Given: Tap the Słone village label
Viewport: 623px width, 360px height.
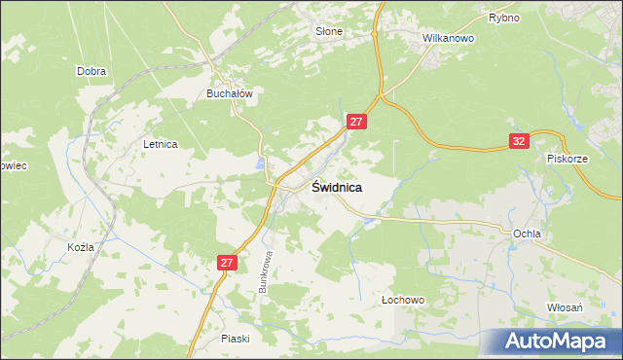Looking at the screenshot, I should [x=329, y=31].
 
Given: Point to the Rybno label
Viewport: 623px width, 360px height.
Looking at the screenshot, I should [x=503, y=18].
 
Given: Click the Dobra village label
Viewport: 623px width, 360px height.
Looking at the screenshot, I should [x=91, y=71].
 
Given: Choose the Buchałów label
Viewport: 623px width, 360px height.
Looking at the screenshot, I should [x=229, y=93].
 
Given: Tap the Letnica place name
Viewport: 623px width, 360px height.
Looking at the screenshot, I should [x=160, y=144].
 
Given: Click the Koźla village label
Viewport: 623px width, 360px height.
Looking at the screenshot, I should [x=81, y=247].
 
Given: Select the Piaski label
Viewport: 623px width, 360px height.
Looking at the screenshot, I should [x=236, y=338].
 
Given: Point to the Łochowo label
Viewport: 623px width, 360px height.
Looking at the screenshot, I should [x=403, y=301].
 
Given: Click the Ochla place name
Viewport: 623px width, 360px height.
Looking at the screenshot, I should [x=527, y=234].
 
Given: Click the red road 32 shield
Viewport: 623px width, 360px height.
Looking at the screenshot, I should [x=519, y=142].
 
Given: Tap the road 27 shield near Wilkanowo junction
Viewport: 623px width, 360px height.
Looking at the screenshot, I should [x=357, y=122].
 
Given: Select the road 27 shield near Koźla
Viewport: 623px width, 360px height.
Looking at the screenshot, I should [x=227, y=263].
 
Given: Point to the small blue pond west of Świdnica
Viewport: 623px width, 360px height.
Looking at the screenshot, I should [x=260, y=161].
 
